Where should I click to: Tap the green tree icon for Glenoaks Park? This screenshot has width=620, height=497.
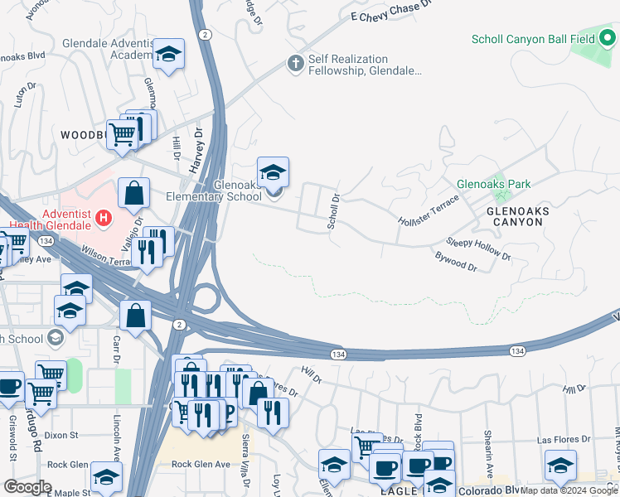tap(499, 195)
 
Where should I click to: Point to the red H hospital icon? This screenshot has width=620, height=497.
tap(104, 219)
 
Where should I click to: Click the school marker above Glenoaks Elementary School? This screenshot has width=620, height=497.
tap(273, 172)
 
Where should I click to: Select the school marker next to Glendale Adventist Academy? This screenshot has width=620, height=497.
tap(169, 55)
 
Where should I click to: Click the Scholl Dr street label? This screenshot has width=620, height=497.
tap(334, 211)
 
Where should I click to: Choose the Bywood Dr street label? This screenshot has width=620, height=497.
tap(456, 262)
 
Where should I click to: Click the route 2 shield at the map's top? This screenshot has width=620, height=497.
tap(204, 34)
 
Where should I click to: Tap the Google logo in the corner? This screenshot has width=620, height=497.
tap(27, 487)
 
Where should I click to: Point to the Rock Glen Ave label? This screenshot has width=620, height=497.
tap(200, 465)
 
